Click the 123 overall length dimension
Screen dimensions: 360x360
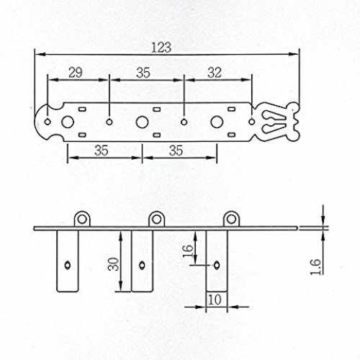pyautogui.click(x=161, y=48)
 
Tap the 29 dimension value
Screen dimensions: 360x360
pyautogui.click(x=76, y=73)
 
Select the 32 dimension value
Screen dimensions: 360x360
pyautogui.click(x=215, y=73)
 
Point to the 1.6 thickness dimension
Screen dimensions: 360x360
pyautogui.click(x=316, y=266)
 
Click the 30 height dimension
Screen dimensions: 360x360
pyautogui.click(x=113, y=264)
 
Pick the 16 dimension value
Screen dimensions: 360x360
pyautogui.click(x=188, y=251)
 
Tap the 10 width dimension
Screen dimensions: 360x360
pyautogui.click(x=215, y=300)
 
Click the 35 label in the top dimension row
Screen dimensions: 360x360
pyautogui.click(x=143, y=73)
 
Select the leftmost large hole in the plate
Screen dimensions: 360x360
pyautogui.click(x=68, y=122)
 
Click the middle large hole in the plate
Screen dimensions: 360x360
pyautogui.click(x=142, y=122)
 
